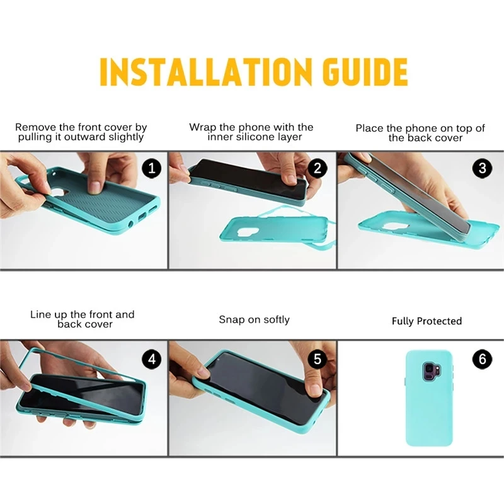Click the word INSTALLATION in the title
tap(206, 72)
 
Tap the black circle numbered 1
tap(151, 168)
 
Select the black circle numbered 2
tap(318, 168)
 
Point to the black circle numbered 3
tap(482, 168)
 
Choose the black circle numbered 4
tap(151, 358)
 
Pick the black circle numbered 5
tap(318, 358)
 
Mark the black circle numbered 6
tap(482, 358)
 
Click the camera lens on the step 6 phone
tap(430, 367)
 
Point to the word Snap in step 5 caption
tap(231, 320)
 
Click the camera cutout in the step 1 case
tap(60, 193)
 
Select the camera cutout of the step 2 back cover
tap(253, 233)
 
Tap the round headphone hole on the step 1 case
tap(131, 224)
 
